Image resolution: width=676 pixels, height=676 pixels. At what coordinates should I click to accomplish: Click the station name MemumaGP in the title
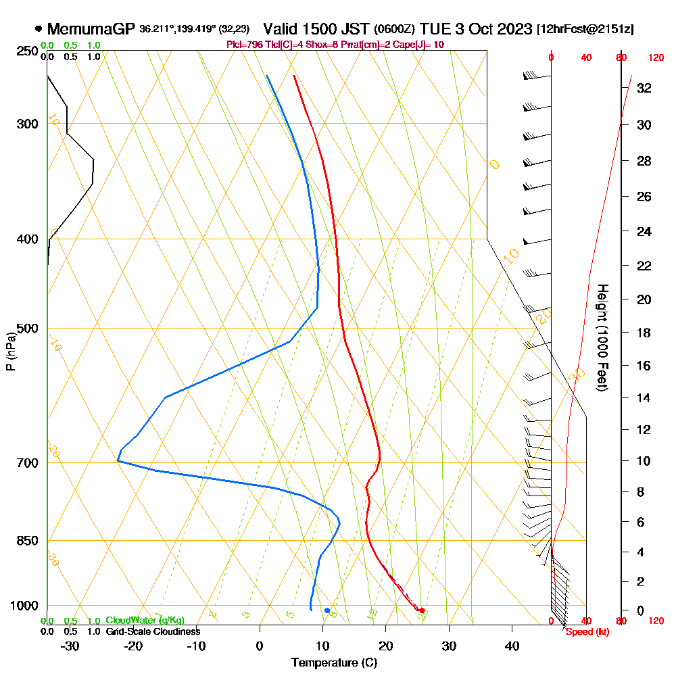click(91, 29)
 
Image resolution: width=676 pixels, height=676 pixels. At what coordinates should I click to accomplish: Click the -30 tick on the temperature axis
click(70, 646)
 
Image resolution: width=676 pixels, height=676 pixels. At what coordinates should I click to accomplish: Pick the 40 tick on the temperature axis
click(512, 646)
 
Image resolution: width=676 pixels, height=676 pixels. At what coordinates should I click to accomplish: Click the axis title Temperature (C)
click(334, 663)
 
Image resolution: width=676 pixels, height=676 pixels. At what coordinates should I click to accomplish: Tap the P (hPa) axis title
click(10, 351)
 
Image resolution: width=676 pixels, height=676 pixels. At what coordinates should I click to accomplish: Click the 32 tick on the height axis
click(644, 88)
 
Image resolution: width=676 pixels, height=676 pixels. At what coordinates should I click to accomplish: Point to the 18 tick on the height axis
click(644, 333)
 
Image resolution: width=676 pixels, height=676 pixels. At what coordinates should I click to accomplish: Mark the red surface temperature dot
click(422, 610)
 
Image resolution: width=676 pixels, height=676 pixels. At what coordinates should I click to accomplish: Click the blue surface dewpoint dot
click(327, 610)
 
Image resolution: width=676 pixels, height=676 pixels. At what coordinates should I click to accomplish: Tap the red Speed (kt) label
click(584, 632)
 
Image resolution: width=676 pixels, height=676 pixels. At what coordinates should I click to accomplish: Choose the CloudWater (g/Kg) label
click(145, 621)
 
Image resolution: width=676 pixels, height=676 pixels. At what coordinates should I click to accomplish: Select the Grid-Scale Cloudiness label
click(152, 631)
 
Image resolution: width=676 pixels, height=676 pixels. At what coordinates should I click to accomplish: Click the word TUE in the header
click(434, 29)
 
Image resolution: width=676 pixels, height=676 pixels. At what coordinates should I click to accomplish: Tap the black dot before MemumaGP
click(38, 29)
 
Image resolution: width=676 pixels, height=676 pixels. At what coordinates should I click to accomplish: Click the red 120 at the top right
click(655, 58)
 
